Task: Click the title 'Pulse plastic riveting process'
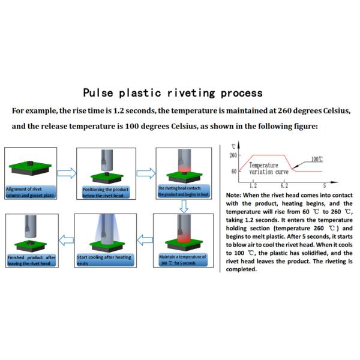pyautogui.click(x=172, y=93)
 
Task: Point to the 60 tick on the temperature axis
pyautogui.click(x=233, y=172)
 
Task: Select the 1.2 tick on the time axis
pyautogui.click(x=253, y=186)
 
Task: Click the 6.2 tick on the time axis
pyautogui.click(x=284, y=186)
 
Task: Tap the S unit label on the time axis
pyautogui.click(x=325, y=186)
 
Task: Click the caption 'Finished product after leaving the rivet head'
pyautogui.click(x=32, y=260)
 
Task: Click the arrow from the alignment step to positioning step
pyautogui.click(x=67, y=173)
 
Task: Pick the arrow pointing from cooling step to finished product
pyautogui.click(x=67, y=241)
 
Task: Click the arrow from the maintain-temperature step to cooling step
pyautogui.click(x=144, y=241)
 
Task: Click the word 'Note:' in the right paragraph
pyautogui.click(x=235, y=196)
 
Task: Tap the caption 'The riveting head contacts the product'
pyautogui.click(x=182, y=191)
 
